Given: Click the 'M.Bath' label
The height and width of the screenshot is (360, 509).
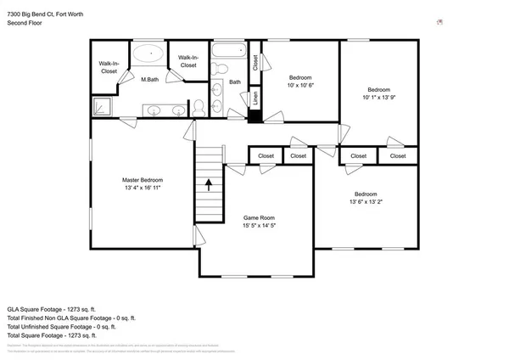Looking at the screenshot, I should coord(150,79).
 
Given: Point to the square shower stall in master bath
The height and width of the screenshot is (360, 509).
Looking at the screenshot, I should coord(102,104).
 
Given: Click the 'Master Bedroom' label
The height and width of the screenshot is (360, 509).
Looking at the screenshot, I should coord(142,180).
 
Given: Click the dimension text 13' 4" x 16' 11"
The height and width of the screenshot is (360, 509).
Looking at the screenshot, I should coord(142,188).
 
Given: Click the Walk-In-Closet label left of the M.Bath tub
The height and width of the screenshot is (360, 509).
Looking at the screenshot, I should coord(108,68).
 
